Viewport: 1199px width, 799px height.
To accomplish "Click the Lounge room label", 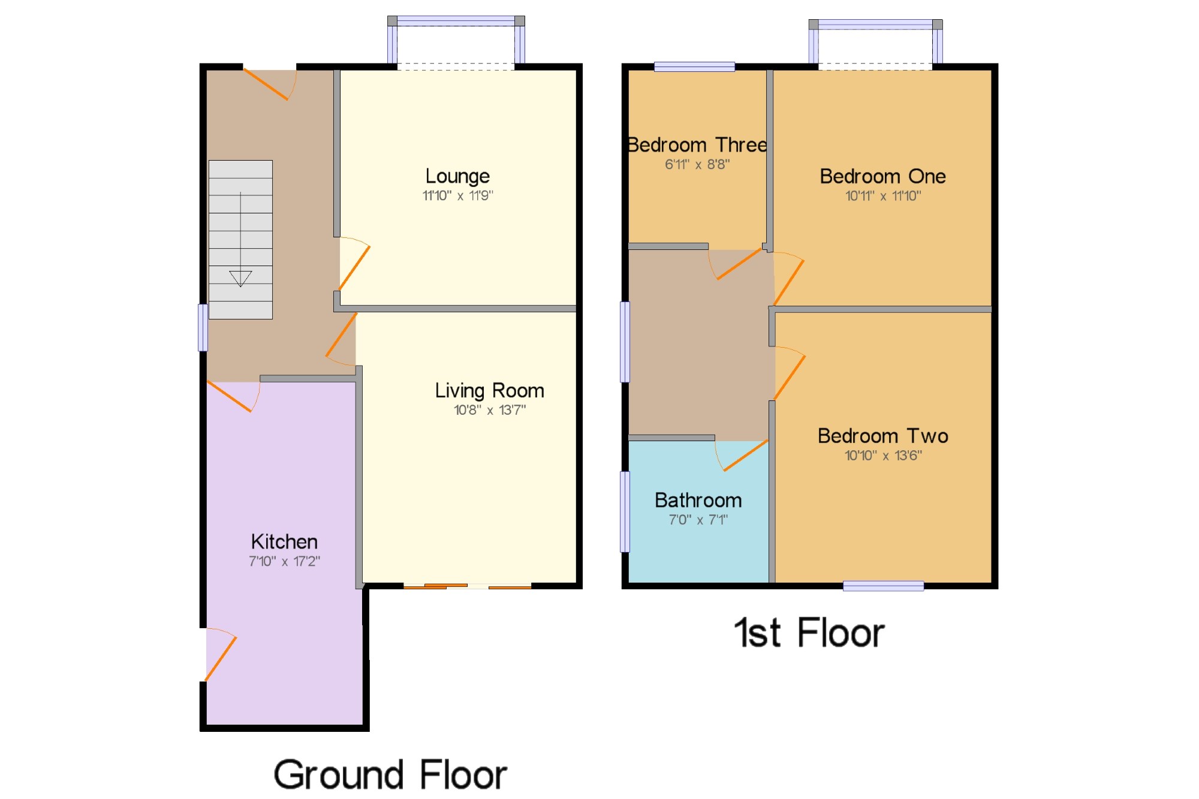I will coord(457,176).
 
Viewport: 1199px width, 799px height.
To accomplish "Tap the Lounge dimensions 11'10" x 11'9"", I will coord(457,195).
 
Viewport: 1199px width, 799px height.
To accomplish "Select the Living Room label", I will coord(489,391).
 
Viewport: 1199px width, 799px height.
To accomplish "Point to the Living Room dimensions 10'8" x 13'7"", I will coord(489,410).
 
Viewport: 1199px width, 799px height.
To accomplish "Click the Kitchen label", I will coord(284,542).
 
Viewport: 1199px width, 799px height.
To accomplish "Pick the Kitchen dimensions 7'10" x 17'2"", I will coord(284,561).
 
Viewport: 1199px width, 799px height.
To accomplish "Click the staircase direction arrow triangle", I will coord(240,278).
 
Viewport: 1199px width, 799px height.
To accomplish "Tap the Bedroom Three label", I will coord(697,145).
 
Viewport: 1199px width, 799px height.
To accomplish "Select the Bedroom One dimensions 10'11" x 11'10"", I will coord(882,195).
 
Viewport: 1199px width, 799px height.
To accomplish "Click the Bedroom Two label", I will coord(882,436).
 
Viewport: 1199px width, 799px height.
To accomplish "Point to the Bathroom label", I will coord(698,500).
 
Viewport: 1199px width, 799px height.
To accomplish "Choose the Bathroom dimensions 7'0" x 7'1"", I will coord(698,520).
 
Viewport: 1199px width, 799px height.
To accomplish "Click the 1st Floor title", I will coord(809,633).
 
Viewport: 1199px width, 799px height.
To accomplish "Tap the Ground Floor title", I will coord(390,774).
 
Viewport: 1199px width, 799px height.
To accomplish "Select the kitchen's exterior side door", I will coord(220,656).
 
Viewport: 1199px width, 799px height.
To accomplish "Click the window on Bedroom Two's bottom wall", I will coord(882,586).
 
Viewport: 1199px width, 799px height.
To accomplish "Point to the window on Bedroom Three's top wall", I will coord(694,67).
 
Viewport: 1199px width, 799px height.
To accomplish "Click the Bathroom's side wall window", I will coord(625,511).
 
